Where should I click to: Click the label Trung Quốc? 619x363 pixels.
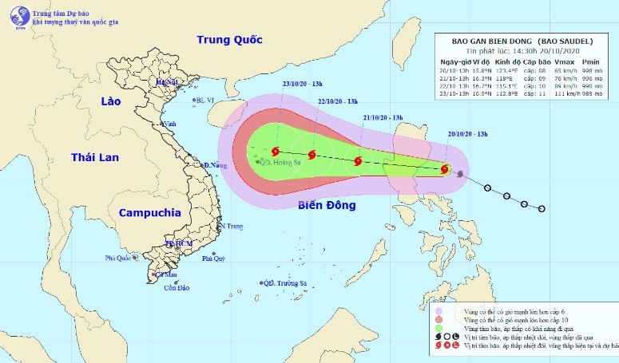tap(230, 39)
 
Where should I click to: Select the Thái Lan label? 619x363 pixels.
tap(94, 156)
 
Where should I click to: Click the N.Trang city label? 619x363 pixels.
tap(231, 227)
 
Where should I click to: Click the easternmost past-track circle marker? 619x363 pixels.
tap(542, 209)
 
